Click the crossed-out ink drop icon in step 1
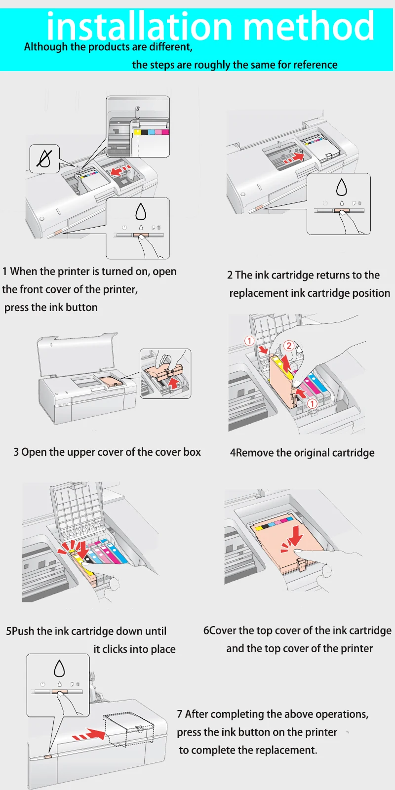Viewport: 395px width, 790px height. (45, 158)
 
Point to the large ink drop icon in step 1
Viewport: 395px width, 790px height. (141, 212)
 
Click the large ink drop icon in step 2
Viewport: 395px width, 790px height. (341, 187)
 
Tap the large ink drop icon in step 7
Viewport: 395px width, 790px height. (59, 668)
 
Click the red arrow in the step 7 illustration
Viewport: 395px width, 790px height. (88, 735)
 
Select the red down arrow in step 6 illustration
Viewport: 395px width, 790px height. (293, 538)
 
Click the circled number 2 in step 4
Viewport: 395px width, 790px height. (289, 346)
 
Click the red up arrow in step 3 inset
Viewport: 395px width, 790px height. (173, 383)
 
